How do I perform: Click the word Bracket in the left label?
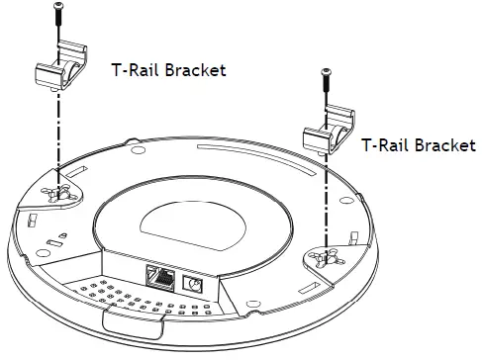[x=193, y=70]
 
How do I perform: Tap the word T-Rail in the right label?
[x=384, y=144]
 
